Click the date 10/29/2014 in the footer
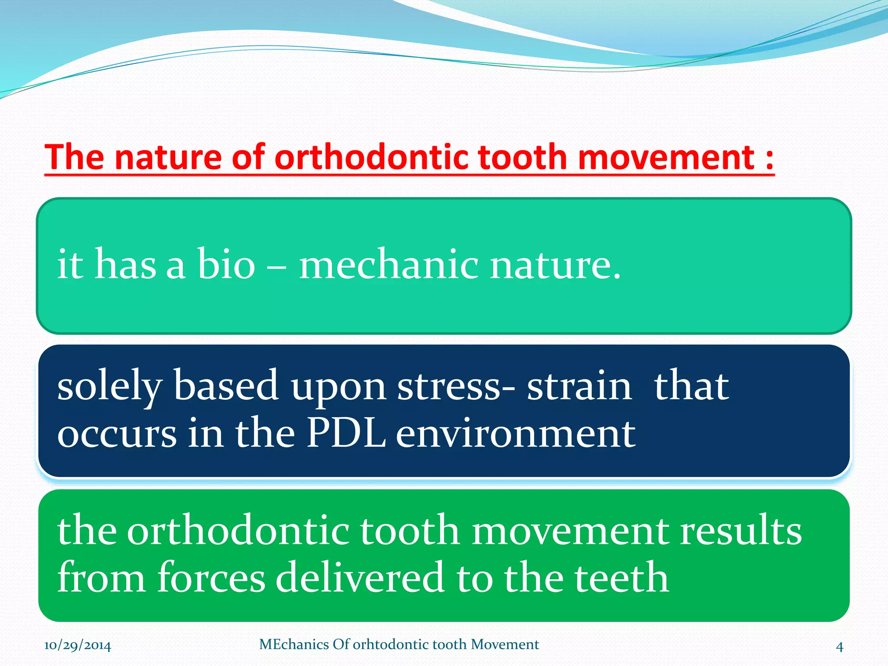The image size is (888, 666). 78,646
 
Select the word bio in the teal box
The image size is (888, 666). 226,264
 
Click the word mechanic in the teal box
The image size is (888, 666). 388,264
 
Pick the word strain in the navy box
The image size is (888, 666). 579,386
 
